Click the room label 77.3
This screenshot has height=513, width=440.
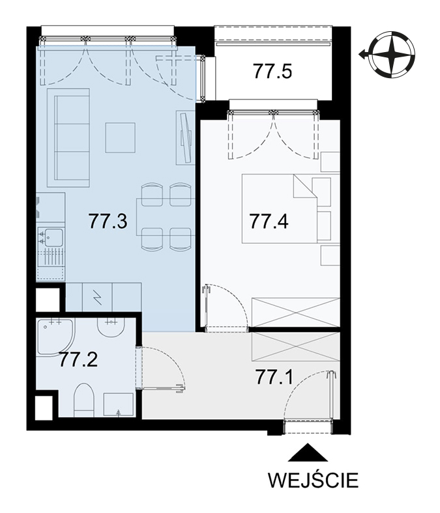(108, 221)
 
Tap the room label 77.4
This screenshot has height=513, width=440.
(269, 221)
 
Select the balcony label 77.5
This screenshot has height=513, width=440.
(272, 72)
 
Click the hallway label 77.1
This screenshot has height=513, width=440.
(274, 378)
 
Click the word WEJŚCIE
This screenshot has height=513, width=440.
(313, 480)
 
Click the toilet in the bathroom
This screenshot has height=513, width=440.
(84, 400)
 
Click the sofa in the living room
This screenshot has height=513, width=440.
(68, 137)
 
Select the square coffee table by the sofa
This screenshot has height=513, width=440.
(120, 138)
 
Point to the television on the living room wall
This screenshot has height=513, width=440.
(184, 137)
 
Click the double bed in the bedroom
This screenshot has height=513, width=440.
(280, 208)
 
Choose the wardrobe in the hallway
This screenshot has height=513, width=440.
(295, 347)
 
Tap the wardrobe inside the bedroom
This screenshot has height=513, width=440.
(295, 312)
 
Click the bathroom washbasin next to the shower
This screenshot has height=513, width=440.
(111, 329)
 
